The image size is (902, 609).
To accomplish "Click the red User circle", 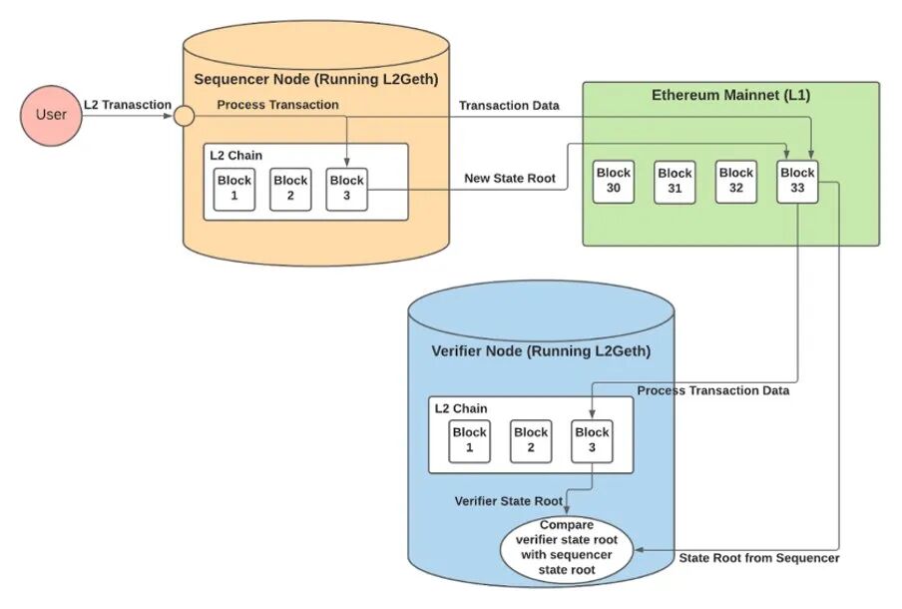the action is (51, 115).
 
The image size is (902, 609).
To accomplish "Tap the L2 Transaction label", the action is (128, 105).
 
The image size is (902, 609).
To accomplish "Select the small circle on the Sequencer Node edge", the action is (184, 116).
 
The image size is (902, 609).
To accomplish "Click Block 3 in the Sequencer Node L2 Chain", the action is (346, 189).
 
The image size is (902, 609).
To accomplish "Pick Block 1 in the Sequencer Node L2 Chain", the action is (234, 189).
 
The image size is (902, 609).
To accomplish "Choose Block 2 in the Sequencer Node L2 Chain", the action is (290, 189).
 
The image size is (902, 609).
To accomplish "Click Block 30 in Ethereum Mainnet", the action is (614, 182).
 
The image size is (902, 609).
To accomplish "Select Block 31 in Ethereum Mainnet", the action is (675, 182).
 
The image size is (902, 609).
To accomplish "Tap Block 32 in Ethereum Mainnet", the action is (735, 182).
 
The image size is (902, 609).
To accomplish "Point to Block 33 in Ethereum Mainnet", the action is (797, 182).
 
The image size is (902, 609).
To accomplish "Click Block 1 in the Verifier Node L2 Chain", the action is (469, 441).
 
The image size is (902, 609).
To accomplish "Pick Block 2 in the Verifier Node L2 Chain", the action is (531, 441).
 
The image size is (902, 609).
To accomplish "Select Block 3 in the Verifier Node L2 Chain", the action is (592, 441).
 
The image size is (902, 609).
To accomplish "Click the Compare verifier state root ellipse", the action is (567, 548).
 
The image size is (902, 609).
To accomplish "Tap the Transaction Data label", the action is (509, 106).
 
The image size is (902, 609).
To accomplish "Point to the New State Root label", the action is (510, 179).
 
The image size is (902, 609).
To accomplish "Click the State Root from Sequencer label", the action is (758, 558).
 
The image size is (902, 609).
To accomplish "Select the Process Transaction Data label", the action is (712, 390).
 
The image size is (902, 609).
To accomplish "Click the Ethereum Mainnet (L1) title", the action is (730, 95).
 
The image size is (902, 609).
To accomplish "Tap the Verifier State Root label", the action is (509, 501).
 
